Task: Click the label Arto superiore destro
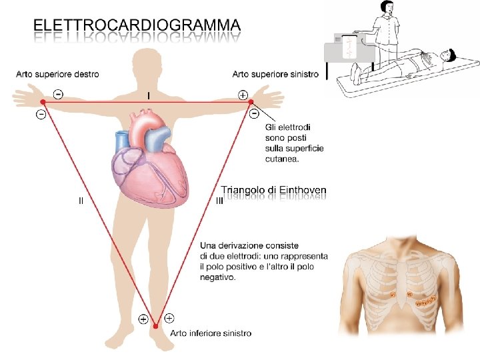pos(57,74)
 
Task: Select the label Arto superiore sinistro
pos(275,74)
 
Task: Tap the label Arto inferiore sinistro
pos(211,333)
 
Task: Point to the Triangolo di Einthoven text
pos(273,190)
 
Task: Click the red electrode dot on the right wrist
pos(43,102)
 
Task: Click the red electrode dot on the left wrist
pos(251,102)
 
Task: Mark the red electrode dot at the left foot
pos(155,326)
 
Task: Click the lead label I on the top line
pos(148,95)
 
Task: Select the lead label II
pos(81,199)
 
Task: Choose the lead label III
pos(220,199)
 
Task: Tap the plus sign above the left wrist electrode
pos(243,95)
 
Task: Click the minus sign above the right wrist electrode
pos(59,95)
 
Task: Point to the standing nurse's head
pos(387,7)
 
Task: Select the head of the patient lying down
pos(448,55)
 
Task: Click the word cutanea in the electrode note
pos(282,159)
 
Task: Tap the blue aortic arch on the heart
pos(157,137)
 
